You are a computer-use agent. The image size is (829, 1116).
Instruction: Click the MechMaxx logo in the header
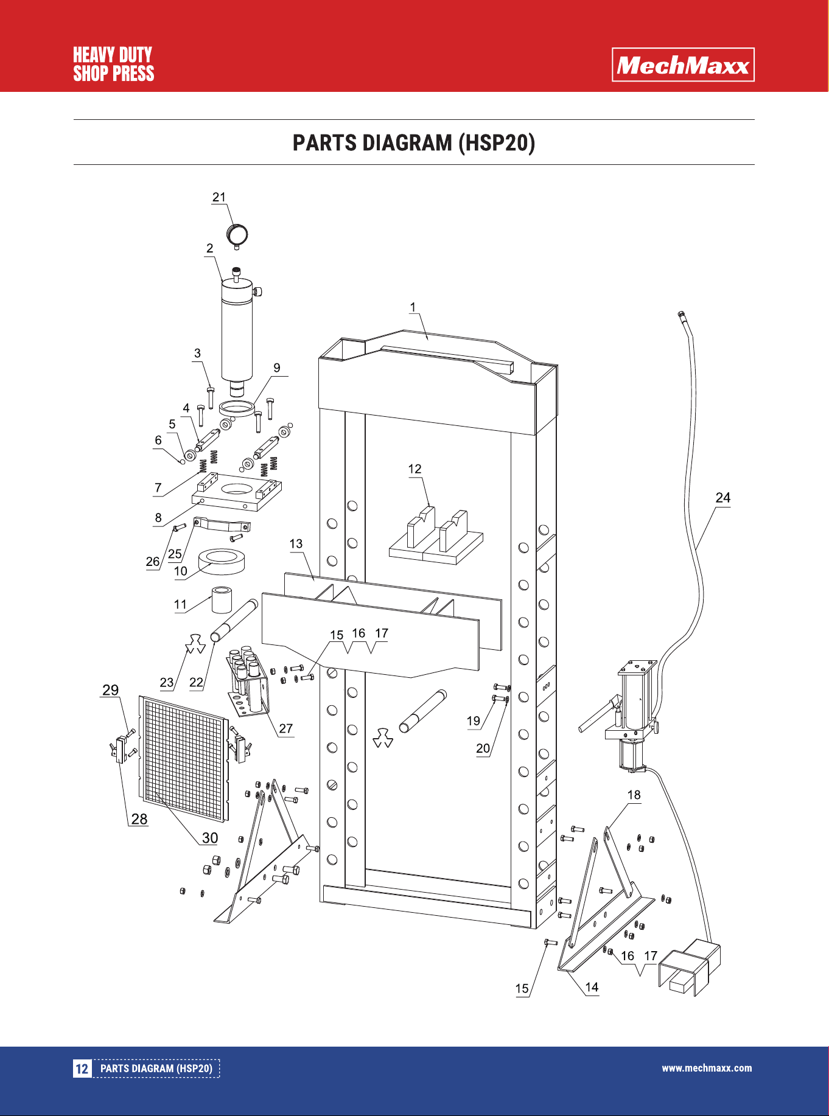click(683, 65)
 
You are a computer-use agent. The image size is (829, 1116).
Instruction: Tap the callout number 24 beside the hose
click(722, 498)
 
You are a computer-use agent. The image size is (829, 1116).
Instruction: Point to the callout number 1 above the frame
click(413, 307)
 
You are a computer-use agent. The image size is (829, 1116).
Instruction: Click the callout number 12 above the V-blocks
click(414, 469)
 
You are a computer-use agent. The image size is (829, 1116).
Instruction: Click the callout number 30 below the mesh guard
click(210, 838)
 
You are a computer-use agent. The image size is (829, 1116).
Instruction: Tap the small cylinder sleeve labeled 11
click(222, 599)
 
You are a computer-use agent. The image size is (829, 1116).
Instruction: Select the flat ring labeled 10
click(222, 562)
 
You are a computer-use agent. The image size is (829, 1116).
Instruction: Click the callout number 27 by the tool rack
click(286, 728)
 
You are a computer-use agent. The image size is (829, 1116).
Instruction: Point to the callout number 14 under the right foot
click(592, 987)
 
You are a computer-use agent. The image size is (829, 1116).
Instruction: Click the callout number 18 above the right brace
click(634, 795)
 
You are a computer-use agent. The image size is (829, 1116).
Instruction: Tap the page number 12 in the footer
click(82, 1069)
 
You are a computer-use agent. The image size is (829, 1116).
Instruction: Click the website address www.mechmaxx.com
click(707, 1068)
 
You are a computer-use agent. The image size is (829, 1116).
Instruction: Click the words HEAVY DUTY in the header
click(113, 55)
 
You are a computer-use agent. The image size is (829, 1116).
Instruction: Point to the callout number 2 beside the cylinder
click(209, 248)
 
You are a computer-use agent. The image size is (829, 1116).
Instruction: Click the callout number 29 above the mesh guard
click(110, 690)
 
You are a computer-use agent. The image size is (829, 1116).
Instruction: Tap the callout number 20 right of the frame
click(483, 748)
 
